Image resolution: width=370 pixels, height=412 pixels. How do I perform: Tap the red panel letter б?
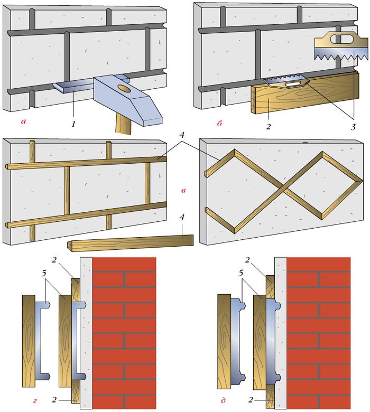[219, 125]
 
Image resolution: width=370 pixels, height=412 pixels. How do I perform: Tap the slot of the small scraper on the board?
[292, 84]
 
